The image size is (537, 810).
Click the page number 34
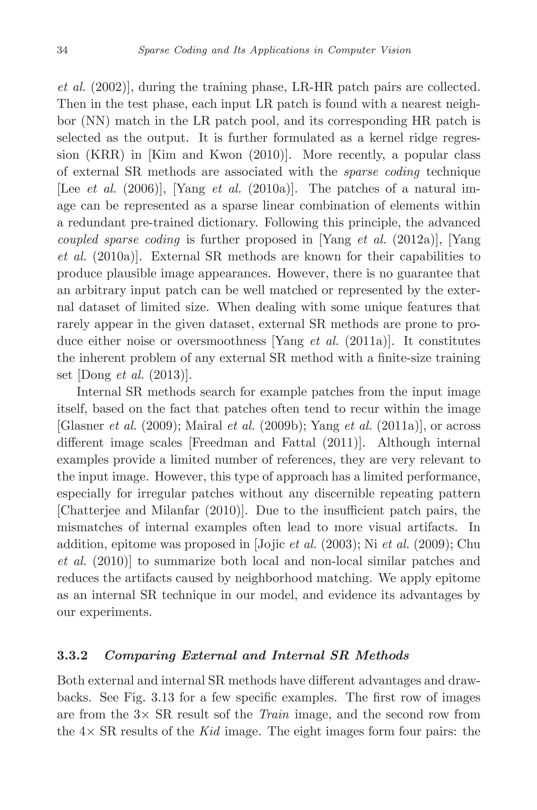(x=62, y=51)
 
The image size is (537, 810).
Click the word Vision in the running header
(x=398, y=51)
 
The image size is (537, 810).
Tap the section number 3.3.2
(x=72, y=656)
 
